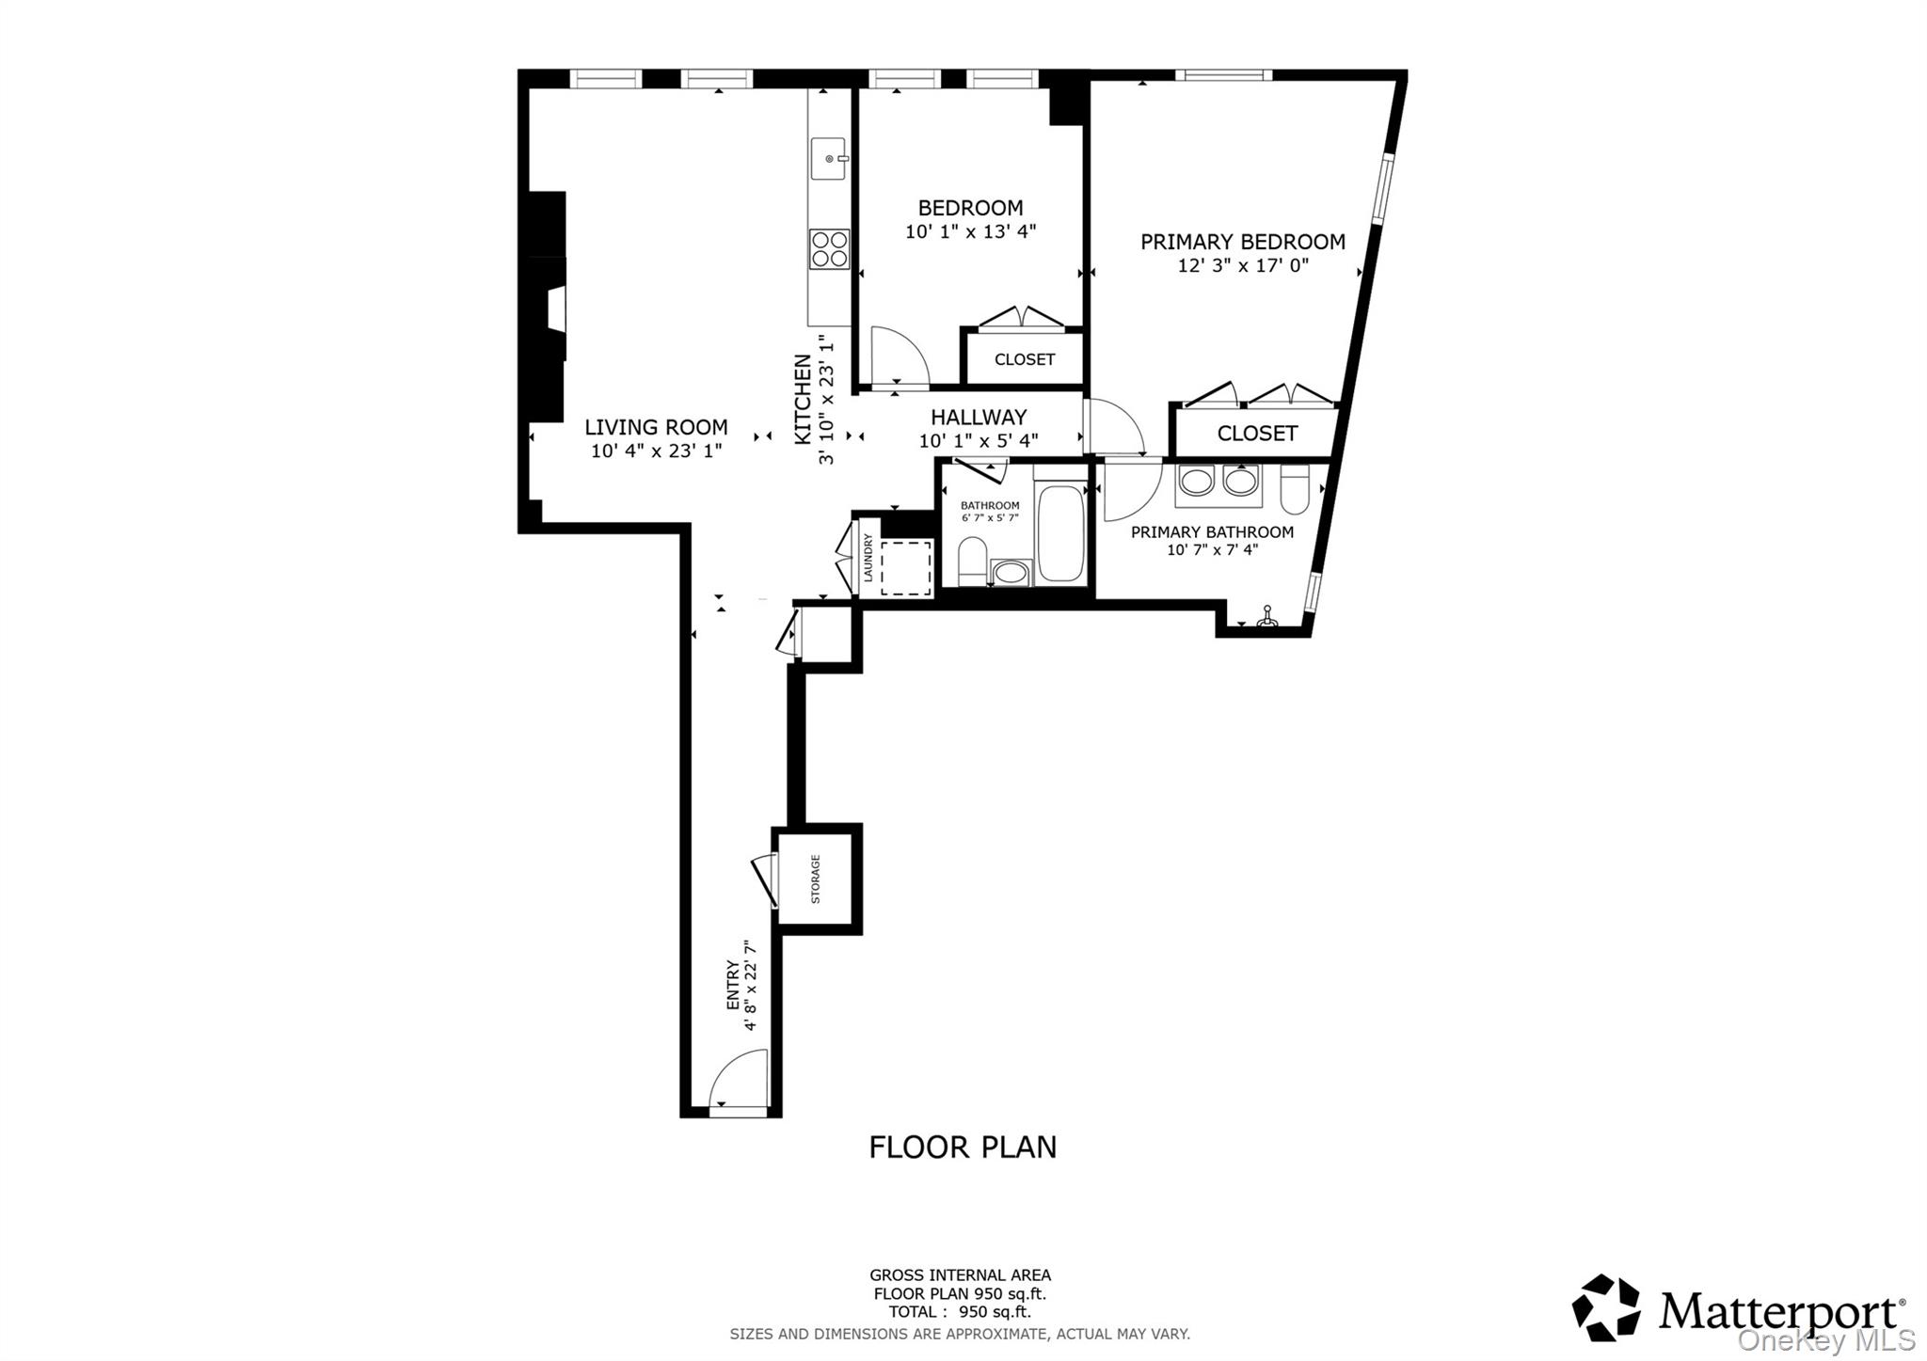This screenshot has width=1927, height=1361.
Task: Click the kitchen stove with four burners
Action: point(829,249)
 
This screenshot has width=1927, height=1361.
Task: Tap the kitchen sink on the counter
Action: point(830,159)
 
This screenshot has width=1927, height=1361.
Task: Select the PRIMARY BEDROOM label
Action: point(1242,242)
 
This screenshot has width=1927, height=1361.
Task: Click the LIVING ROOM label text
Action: point(656,427)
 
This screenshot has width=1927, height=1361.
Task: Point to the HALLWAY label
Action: point(979,418)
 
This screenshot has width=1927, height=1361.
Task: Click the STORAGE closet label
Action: point(816,878)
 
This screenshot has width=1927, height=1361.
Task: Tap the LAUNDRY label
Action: point(868,557)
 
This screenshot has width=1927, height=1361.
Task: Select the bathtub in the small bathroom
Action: point(1061,532)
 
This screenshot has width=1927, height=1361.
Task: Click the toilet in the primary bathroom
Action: point(1295,489)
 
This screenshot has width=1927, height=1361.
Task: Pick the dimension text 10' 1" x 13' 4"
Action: point(970,231)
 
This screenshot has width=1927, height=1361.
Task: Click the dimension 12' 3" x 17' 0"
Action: point(1243,265)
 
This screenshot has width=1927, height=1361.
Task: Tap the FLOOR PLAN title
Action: point(963,1147)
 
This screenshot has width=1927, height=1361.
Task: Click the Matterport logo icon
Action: point(1606,1307)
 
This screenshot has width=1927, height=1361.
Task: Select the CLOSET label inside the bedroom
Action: point(1025,359)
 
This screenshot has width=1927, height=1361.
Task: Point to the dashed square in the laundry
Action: point(905,567)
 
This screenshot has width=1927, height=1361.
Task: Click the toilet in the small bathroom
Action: point(972,561)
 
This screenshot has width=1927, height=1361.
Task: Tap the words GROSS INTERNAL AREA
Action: point(960,1275)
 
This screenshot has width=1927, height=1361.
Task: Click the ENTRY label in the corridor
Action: point(733,985)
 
